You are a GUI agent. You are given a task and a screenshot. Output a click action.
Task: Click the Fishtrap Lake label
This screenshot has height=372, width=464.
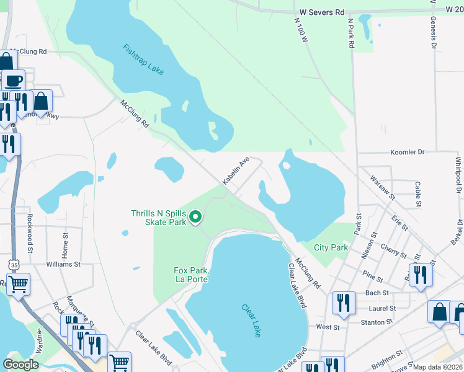tap(143, 60)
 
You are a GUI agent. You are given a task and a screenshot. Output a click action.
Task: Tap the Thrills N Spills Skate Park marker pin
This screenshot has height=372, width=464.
tap(195, 216)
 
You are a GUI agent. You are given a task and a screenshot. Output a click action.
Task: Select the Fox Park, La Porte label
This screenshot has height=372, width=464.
tap(190, 275)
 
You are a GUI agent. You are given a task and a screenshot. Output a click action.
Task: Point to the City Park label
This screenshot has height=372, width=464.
tap(330, 247)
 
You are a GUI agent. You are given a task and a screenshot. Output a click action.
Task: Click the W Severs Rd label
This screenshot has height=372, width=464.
tap(321, 12)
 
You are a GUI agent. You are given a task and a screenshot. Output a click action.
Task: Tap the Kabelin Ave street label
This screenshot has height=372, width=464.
tap(236, 169)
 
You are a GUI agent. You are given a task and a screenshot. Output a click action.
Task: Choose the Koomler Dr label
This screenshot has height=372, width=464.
tap(408, 152)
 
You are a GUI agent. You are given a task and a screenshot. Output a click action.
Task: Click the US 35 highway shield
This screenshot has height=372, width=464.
tap(14, 265)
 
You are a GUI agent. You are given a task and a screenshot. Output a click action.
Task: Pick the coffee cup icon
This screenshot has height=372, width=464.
tap(13, 81)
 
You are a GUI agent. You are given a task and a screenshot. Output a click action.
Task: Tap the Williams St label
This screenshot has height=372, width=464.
tap(63, 264)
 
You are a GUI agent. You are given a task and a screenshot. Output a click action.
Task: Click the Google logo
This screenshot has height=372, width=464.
tap(21, 365)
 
